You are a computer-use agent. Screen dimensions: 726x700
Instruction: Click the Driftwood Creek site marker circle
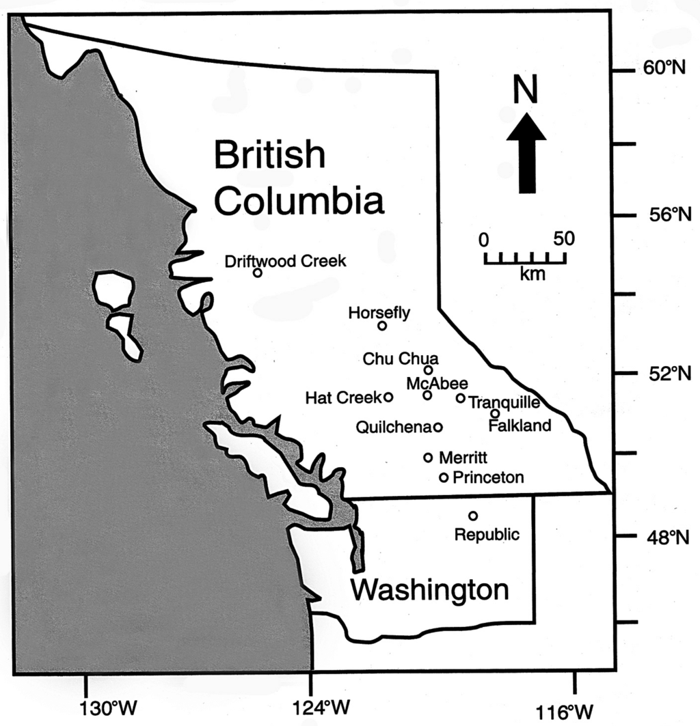pos(258,273)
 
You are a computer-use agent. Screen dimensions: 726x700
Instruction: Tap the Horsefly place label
pos(379,313)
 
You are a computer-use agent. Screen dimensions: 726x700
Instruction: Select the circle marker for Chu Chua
pos(429,370)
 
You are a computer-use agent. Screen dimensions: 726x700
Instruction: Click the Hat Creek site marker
pos(388,397)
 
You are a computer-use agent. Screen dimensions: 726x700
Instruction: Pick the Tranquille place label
pos(504,402)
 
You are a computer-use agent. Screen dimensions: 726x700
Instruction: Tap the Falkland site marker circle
pos(495,413)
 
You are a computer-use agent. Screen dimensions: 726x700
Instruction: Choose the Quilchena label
pos(393,427)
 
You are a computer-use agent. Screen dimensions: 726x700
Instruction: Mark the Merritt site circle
pos(429,458)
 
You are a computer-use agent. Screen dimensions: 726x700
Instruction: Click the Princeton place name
pos(489,477)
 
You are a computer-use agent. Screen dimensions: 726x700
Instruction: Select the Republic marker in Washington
pos(473,516)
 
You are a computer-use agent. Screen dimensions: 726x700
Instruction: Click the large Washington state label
pos(429,589)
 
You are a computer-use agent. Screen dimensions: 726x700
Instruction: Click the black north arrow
pos(526,153)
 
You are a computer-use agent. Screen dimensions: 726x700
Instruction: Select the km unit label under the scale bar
pos(529,274)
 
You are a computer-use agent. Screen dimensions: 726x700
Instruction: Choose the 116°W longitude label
pos(575,710)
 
